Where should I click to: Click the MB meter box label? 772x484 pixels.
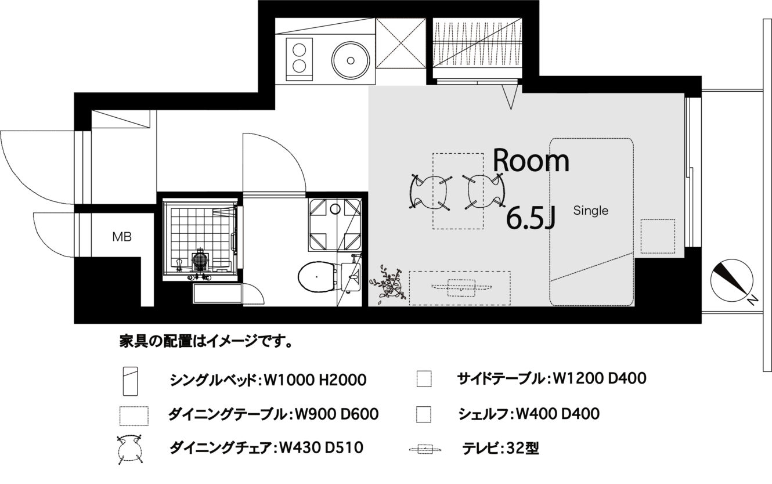click(122, 237)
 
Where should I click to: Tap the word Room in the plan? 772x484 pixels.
click(531, 160)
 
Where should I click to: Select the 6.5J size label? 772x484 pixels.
click(531, 218)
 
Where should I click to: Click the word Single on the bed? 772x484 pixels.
click(591, 211)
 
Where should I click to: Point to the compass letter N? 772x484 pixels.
click(752, 300)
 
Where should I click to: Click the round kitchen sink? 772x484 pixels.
click(351, 60)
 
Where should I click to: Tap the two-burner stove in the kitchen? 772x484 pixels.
click(299, 59)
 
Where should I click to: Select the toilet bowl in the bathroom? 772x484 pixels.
click(316, 277)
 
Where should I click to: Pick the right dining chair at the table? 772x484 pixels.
click(484, 192)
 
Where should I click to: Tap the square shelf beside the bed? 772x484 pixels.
click(658, 236)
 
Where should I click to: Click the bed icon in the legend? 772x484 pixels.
click(131, 381)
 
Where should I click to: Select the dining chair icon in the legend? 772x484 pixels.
click(129, 450)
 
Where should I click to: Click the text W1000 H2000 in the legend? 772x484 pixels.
click(315, 381)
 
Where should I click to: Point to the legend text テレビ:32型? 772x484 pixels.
click(500, 448)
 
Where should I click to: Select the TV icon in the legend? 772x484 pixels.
click(425, 449)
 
